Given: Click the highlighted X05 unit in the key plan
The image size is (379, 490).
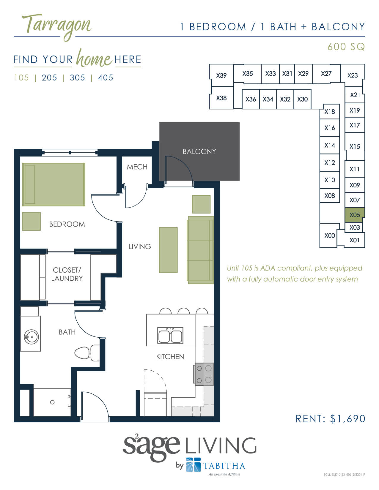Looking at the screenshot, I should pyautogui.click(x=355, y=215).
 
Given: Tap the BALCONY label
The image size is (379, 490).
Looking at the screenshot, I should pyautogui.click(x=199, y=151).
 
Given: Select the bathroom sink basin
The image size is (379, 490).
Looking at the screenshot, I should pyautogui.click(x=31, y=337).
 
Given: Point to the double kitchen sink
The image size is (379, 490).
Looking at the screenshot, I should pyautogui.click(x=170, y=336).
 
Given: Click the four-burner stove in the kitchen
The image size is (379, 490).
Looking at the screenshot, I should pyautogui.click(x=204, y=374).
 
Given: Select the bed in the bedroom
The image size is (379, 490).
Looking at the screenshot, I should pyautogui.click(x=54, y=184).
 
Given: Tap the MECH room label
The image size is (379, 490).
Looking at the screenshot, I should pyautogui.click(x=137, y=167).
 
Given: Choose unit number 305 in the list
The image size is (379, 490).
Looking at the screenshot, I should pyautogui.click(x=77, y=78).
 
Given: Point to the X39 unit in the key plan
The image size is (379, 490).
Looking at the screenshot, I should pyautogui.click(x=221, y=75).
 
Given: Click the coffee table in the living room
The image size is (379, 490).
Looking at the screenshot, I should pyautogui.click(x=168, y=250).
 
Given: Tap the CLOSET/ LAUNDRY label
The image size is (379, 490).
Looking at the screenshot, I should pyautogui.click(x=67, y=274).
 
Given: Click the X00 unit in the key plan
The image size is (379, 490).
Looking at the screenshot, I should pyautogui.click(x=329, y=235).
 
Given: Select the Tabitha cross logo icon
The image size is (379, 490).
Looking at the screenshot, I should pyautogui.click(x=193, y=465).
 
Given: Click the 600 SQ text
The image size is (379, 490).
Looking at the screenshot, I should pyautogui.click(x=346, y=47).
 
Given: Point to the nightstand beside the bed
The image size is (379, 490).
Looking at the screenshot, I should pyautogui.click(x=31, y=221).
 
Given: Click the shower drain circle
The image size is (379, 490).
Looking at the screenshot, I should pyautogui.click(x=52, y=402).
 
